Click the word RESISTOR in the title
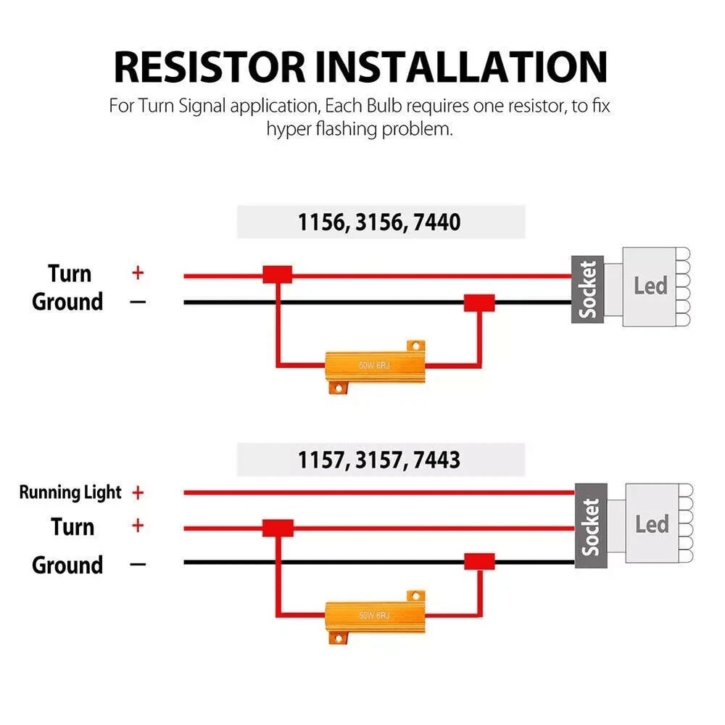(210, 67)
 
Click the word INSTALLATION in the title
(462, 67)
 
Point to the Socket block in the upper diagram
(587, 289)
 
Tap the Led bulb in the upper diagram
(650, 286)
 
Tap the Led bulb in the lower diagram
(652, 524)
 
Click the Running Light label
(70, 493)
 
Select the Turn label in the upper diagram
(70, 273)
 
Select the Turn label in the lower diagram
(72, 526)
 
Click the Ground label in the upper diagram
(67, 302)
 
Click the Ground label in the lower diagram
(67, 564)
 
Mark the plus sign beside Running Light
(138, 493)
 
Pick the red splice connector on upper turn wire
(277, 274)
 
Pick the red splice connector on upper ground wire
(479, 302)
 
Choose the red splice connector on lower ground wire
(479, 561)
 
